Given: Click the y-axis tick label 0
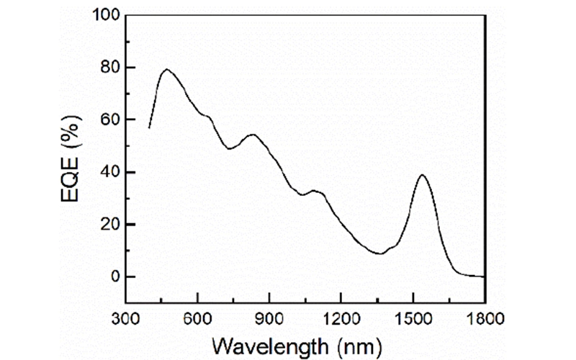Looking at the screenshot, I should point(112,277).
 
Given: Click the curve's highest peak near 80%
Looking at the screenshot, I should point(166,69).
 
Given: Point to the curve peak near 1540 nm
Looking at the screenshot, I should point(422,174).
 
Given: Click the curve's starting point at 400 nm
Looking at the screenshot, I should point(149,128).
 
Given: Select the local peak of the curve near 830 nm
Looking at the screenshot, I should point(252,134).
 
